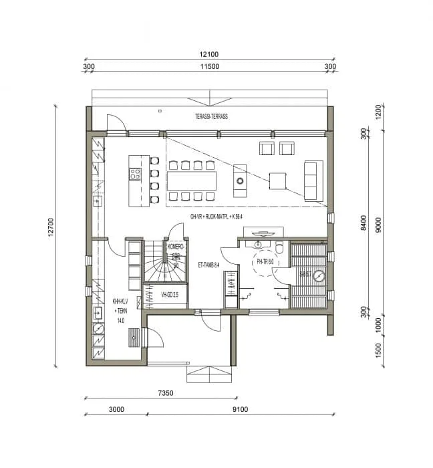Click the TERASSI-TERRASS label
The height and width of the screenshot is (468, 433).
(x=211, y=116)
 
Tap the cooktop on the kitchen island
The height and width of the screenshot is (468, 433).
(x=135, y=174)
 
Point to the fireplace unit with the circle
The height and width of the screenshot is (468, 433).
(x=240, y=181)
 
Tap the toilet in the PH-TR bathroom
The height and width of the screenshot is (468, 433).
(x=279, y=250)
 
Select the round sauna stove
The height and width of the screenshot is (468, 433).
(x=319, y=275)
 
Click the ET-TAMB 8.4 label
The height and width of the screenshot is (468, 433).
(x=210, y=265)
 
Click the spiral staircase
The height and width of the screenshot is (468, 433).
(x=158, y=263)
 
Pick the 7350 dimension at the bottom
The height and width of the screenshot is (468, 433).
(x=160, y=394)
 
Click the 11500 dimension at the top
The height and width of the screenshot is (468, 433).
(x=210, y=67)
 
